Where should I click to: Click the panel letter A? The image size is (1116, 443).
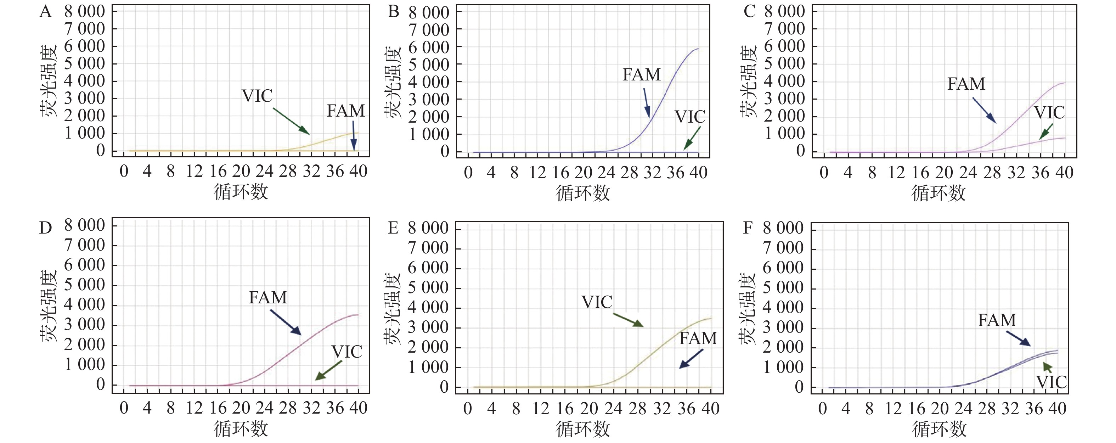point(45,12)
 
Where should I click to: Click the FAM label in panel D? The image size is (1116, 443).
point(268,297)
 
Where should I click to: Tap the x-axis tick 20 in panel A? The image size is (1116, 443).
point(241,172)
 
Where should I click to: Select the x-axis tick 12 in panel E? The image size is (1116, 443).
point(541,408)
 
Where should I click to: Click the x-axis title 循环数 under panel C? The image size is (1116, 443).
point(939,193)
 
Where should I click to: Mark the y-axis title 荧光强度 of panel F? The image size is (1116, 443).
point(747,309)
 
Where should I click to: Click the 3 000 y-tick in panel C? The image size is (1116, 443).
point(784,99)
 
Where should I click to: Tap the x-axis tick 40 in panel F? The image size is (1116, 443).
point(1057,408)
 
